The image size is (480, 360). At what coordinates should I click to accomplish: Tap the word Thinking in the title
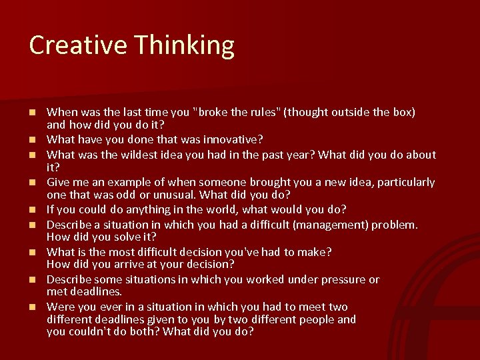(x=183, y=46)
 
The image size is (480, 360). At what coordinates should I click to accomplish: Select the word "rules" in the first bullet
(x=261, y=112)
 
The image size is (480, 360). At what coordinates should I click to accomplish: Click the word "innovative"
(x=231, y=139)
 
